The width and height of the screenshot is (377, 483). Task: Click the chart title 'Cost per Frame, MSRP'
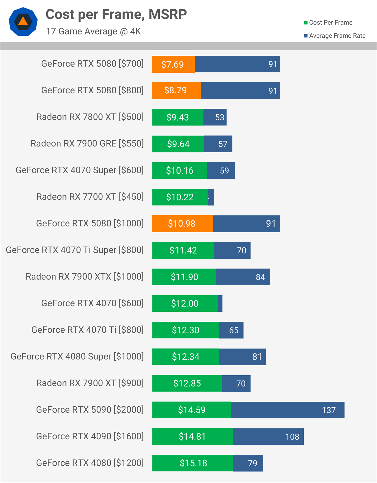click(116, 14)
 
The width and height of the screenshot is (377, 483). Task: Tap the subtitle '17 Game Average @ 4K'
click(93, 31)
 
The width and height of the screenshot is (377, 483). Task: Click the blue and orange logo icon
click(23, 22)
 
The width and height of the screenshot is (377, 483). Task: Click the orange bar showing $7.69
click(173, 64)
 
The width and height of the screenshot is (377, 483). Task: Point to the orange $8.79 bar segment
click(176, 90)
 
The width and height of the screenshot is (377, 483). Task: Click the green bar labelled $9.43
click(178, 117)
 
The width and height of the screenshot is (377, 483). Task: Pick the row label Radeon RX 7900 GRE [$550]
click(87, 144)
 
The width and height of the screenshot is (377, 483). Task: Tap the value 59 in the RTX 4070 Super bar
click(224, 171)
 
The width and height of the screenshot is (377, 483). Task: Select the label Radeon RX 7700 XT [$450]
click(90, 197)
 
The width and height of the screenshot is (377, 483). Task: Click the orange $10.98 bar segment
click(182, 224)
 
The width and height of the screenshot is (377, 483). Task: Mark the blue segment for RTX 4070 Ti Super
click(232, 250)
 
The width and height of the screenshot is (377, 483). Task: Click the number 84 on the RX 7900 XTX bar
click(260, 277)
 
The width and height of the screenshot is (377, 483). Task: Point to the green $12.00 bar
click(185, 303)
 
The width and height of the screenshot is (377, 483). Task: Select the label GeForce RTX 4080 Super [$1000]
click(77, 356)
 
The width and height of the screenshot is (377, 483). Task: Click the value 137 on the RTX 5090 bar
click(329, 410)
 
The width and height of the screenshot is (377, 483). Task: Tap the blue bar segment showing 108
click(268, 436)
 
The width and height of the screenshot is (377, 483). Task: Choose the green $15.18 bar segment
click(193, 463)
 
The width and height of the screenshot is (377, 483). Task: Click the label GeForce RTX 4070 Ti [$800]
click(87, 330)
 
